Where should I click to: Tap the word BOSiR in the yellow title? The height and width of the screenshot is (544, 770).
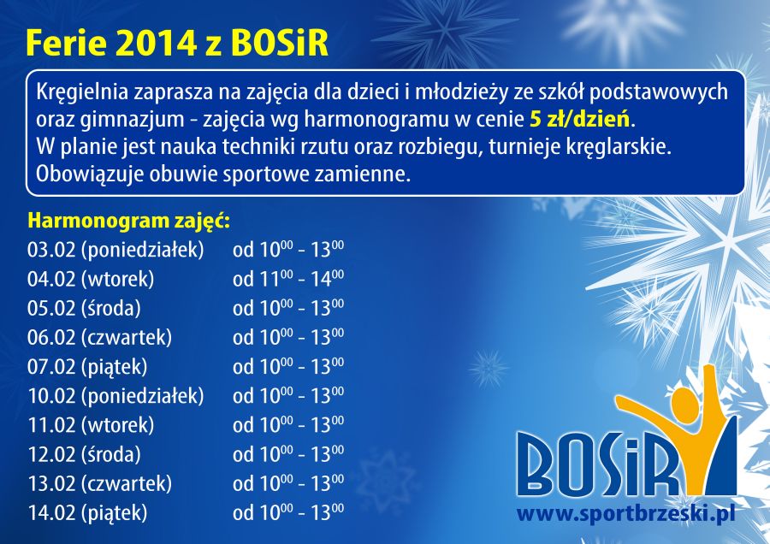point(277,44)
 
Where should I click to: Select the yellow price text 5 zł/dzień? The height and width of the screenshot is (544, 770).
point(579,119)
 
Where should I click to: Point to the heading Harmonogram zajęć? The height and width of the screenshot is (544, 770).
point(128,221)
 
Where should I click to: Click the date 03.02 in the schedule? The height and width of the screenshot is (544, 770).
point(51,250)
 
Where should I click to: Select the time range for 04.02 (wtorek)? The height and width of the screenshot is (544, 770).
point(288,278)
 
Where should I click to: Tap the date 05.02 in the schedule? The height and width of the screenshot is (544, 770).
point(51,308)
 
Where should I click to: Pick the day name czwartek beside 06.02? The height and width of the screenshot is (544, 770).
point(127,337)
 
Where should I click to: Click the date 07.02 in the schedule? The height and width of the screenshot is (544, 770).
point(51,366)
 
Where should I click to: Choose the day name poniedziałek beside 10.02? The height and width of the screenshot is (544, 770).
point(142,396)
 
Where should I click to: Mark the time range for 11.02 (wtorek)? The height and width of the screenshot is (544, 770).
point(288,425)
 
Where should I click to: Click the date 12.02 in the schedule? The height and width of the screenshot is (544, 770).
point(51,454)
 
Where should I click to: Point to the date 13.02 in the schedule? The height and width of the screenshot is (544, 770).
point(51,483)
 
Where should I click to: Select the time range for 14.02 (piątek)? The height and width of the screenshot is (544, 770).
point(288,512)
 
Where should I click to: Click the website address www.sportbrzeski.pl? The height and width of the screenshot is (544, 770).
point(626,514)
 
